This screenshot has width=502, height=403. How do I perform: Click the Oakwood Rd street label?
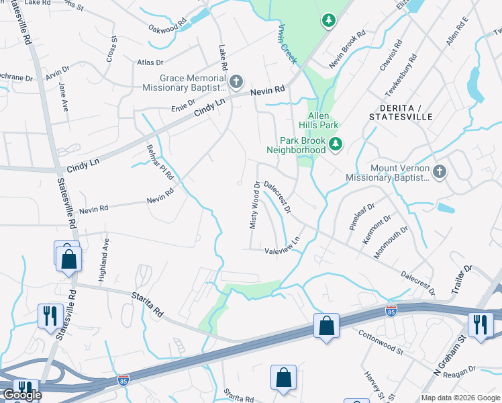coord(167,28)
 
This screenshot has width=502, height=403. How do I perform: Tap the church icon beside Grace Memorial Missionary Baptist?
coord(236,83)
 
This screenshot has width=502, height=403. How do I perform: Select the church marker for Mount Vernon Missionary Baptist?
coord(440,172)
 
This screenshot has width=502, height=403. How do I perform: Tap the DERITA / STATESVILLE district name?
coord(401,112)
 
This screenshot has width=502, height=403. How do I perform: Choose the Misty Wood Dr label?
coord(254,205)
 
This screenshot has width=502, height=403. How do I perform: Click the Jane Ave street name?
coord(62,97)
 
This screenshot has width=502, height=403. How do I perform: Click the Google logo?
coord(21,395)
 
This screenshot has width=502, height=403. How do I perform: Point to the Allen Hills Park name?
coord(319,120)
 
